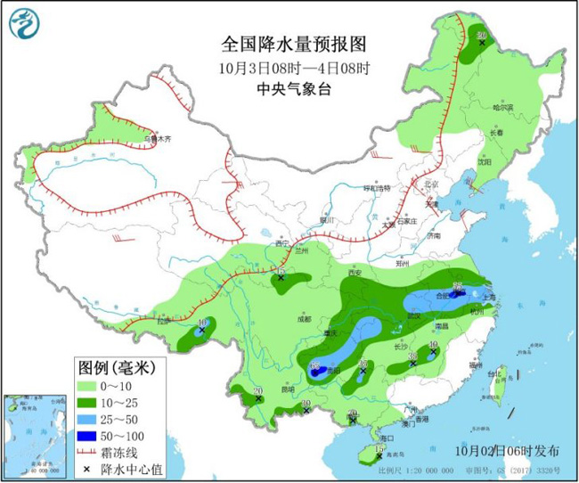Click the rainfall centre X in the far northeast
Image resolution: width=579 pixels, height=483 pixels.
click(482, 42)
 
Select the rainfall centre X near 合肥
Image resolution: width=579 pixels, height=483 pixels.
click(457, 291)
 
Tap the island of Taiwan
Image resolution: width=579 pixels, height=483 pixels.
click(496, 388)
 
